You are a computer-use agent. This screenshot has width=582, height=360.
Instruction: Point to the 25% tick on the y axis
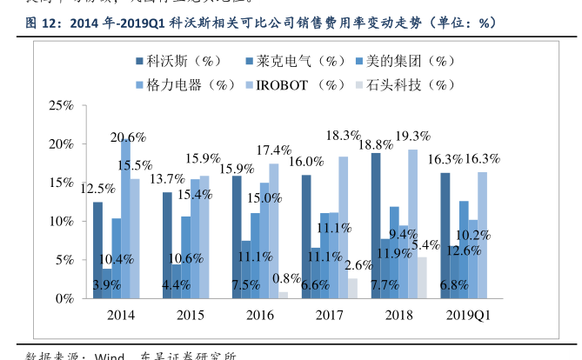point(61,105)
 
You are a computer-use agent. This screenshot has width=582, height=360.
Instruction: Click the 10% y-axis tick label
point(61,221)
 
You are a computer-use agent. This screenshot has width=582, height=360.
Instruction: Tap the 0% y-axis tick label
point(64,298)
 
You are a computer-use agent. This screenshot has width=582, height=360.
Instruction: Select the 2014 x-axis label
point(120,315)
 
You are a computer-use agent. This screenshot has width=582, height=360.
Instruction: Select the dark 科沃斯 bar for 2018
point(375,225)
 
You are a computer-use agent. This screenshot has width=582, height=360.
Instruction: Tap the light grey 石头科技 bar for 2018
point(422,277)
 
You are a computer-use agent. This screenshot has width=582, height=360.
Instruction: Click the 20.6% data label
point(127,137)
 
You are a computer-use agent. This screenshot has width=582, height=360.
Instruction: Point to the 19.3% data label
point(413,136)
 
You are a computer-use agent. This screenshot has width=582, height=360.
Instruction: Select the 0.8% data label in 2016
point(286,278)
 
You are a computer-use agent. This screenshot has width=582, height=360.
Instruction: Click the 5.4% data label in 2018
point(426,244)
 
